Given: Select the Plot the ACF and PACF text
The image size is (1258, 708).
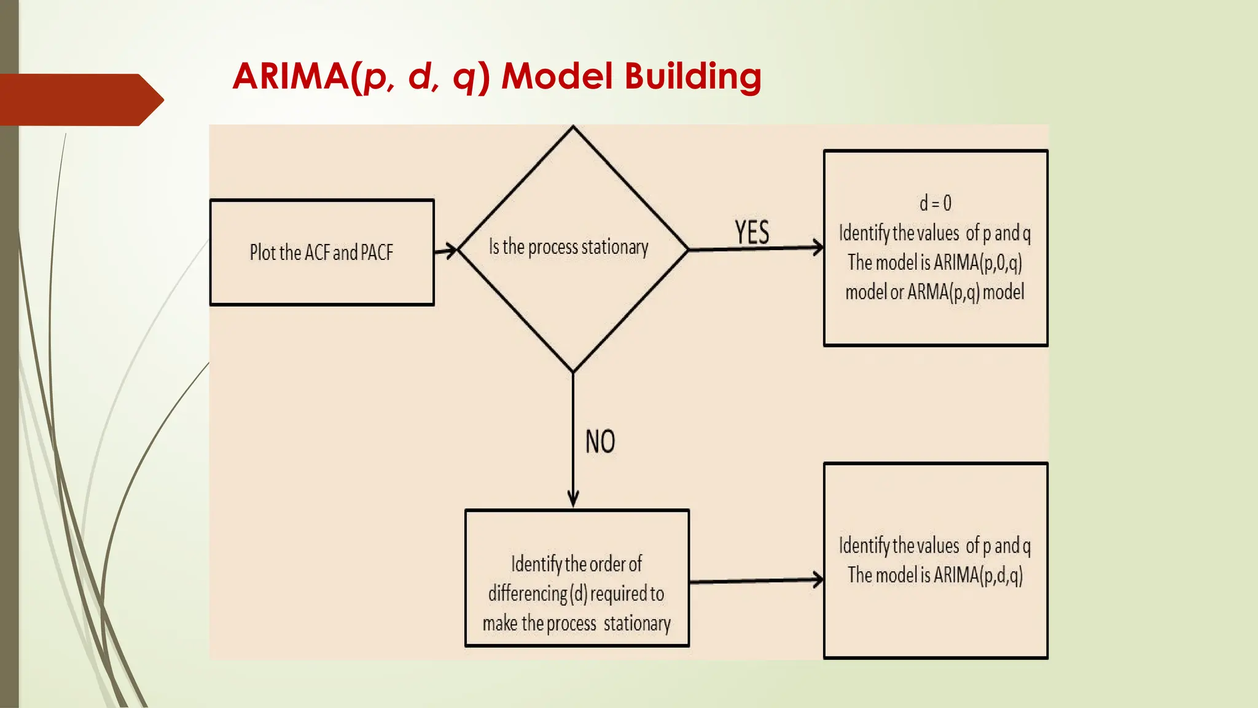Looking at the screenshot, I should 321,253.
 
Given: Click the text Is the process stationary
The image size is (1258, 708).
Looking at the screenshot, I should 568,247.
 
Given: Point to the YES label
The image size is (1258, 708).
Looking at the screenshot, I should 752,232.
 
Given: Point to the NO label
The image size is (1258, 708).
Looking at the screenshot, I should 600,441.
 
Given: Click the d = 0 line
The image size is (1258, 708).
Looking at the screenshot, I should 935,203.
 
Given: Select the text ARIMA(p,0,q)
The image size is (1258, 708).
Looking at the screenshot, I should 977,262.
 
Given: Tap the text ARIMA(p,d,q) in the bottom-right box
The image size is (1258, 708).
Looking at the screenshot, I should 978,575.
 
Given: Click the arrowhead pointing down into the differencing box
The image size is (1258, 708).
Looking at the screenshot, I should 573,499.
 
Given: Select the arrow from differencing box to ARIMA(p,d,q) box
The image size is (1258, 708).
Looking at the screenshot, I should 756,581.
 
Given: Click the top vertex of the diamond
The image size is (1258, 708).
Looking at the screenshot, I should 573,127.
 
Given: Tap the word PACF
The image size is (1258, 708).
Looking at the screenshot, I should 377,253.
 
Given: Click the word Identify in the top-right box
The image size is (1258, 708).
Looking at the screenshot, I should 864,233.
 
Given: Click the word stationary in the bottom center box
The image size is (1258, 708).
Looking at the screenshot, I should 637,623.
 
